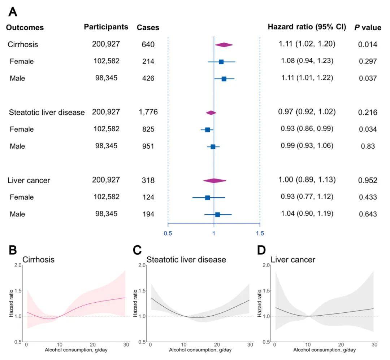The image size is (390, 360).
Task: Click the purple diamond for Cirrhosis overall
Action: click(224, 45)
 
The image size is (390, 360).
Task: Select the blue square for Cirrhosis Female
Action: click(221, 62)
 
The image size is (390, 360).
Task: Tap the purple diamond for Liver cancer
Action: click(214, 181)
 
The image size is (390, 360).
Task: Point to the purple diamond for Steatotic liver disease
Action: click(211, 113)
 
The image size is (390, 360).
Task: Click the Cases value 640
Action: click(148, 45)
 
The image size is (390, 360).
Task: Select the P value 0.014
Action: click(368, 45)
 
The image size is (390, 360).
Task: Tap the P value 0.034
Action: click(368, 129)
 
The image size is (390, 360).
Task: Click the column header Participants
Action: click(106, 27)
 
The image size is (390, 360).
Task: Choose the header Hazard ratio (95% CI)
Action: click(307, 27)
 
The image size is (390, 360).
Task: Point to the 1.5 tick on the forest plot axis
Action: click(260, 233)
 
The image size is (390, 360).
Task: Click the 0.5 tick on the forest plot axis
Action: click(168, 233)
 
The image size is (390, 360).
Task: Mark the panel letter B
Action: click(13, 250)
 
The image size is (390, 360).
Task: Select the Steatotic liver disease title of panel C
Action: click(186, 259)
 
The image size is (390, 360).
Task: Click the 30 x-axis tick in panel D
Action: click(374, 345)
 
